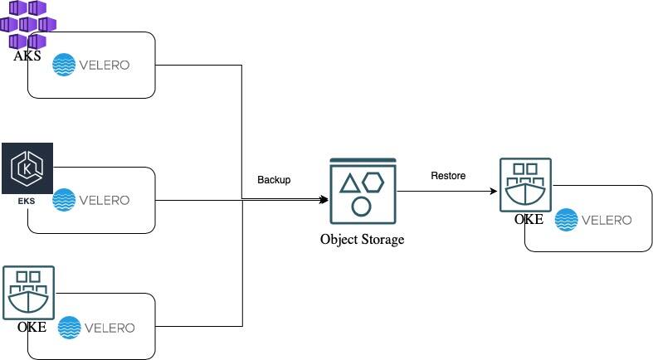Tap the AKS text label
pos(27,56)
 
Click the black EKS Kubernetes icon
pos(27,168)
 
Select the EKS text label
pos(27,202)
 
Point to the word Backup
pos(274,180)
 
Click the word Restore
pos(448,176)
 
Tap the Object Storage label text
pos(362,240)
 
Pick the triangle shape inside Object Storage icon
pos(349,184)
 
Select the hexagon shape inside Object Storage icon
pos(373,182)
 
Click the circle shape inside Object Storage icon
pos(361,206)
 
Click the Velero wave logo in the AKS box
pos(64,65)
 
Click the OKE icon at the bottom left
pos(28,293)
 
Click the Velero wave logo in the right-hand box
pos(566,219)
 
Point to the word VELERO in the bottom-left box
pos(110,327)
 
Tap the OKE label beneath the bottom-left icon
pos(32,327)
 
